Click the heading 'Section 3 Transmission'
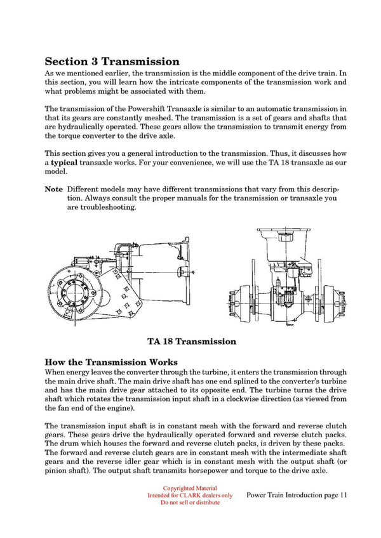[112, 62]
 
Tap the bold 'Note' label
[53, 189]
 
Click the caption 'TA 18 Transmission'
[192, 342]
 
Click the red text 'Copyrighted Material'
[190, 488]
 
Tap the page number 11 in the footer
[344, 495]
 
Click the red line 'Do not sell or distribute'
[190, 503]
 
